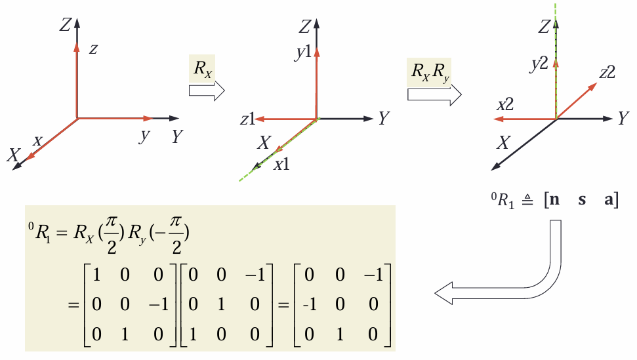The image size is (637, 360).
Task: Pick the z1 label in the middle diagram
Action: point(247,119)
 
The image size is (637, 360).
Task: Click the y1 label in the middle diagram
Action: point(302,53)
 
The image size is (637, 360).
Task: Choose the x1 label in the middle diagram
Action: point(282,165)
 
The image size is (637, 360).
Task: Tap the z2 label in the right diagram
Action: point(606,72)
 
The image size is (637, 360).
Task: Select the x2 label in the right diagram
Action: point(504,104)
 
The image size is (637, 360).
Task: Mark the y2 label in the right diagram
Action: point(539,64)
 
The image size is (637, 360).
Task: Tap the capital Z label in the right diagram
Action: point(543,27)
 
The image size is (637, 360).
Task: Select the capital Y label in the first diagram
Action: point(177,136)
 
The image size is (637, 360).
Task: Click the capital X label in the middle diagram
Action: point(264,142)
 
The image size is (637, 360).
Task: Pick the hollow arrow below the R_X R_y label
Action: point(433,95)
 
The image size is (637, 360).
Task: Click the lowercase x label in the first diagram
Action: point(37,140)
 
